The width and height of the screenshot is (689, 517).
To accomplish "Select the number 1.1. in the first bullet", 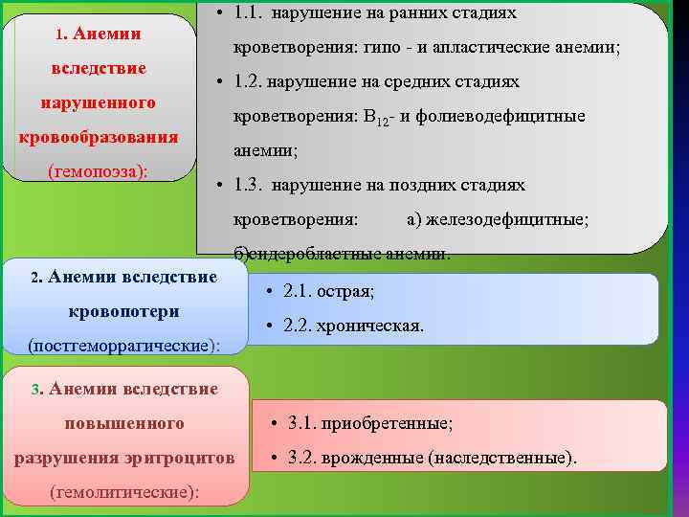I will [252, 13].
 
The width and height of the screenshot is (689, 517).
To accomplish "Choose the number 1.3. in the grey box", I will [252, 185].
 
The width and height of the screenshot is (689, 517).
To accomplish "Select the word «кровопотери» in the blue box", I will [124, 312].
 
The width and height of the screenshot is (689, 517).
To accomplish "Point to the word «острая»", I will [347, 290].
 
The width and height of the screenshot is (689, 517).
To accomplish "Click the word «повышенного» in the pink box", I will [124, 423].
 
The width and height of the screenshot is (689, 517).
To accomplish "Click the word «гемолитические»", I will [125, 492].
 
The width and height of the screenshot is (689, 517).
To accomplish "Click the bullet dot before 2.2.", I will [271, 326].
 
